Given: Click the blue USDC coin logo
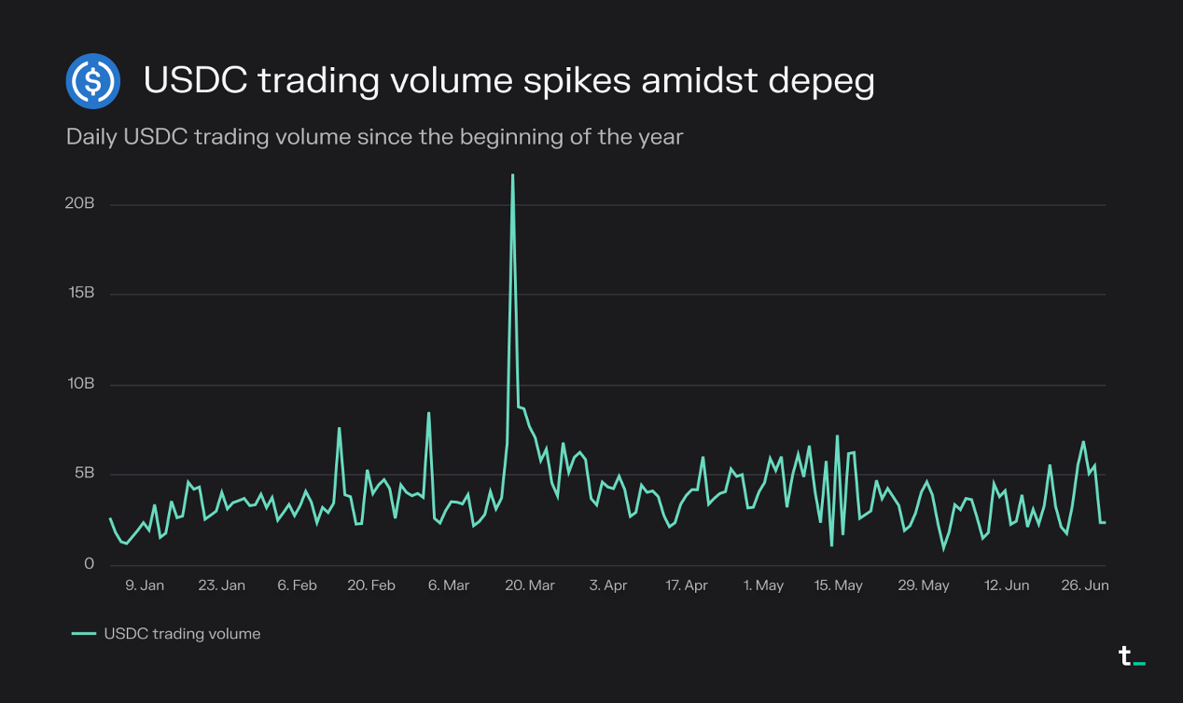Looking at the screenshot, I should point(93,81).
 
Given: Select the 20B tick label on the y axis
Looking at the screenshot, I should point(81,204).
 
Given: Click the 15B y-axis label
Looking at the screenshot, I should point(81,294).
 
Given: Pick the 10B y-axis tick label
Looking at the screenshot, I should point(81,384).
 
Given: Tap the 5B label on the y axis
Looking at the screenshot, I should point(85,474).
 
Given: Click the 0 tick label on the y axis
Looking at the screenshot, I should point(90,563).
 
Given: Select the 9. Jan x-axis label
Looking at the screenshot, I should point(145,586).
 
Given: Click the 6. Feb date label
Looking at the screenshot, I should point(297,586).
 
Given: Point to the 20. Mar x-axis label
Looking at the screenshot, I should point(529,586).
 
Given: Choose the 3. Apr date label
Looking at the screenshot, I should point(608,586).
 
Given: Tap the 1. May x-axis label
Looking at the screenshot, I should point(763,586).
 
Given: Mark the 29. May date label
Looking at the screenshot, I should point(923,586).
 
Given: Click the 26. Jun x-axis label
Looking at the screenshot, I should point(1083,586).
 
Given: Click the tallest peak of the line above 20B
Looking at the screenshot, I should point(512,175).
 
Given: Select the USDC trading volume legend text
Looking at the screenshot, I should point(182,634).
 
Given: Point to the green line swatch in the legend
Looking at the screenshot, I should point(84,634).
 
